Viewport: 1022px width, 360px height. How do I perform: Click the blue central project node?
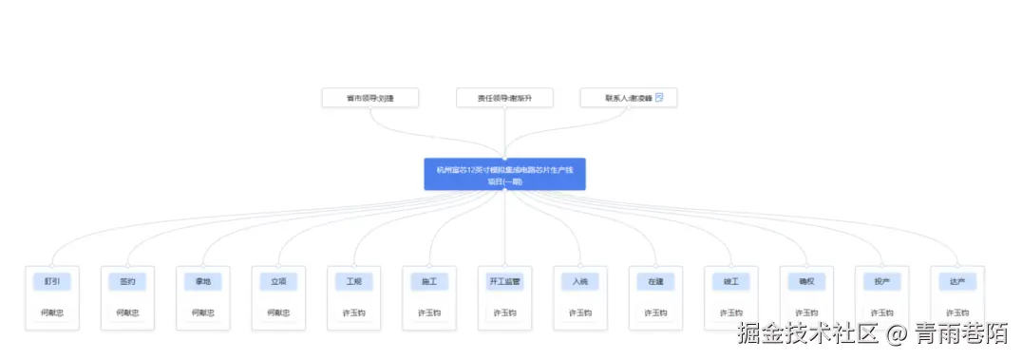(504, 174)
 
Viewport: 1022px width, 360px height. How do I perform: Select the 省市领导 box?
(369, 98)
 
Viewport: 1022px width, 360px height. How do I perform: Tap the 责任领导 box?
(504, 98)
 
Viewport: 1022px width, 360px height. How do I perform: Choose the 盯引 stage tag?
(52, 281)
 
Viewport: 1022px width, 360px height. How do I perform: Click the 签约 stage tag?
(127, 281)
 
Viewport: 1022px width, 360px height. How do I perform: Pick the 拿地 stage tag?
(203, 281)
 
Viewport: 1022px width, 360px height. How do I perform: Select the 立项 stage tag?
(278, 281)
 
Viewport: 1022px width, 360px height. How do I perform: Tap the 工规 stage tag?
(353, 281)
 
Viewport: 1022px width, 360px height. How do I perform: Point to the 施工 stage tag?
(429, 281)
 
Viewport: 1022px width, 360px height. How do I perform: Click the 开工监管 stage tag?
(504, 281)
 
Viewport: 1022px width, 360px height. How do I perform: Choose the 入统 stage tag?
(580, 281)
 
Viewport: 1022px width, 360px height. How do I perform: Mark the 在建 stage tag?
(655, 281)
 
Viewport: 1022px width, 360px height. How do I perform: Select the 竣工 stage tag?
(730, 281)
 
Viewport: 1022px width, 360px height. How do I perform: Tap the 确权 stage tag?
(806, 281)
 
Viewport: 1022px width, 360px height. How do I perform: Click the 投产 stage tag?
(881, 281)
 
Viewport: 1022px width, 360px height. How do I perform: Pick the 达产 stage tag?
(957, 281)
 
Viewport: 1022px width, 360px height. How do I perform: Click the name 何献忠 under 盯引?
(52, 313)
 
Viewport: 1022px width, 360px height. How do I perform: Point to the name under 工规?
(353, 313)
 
